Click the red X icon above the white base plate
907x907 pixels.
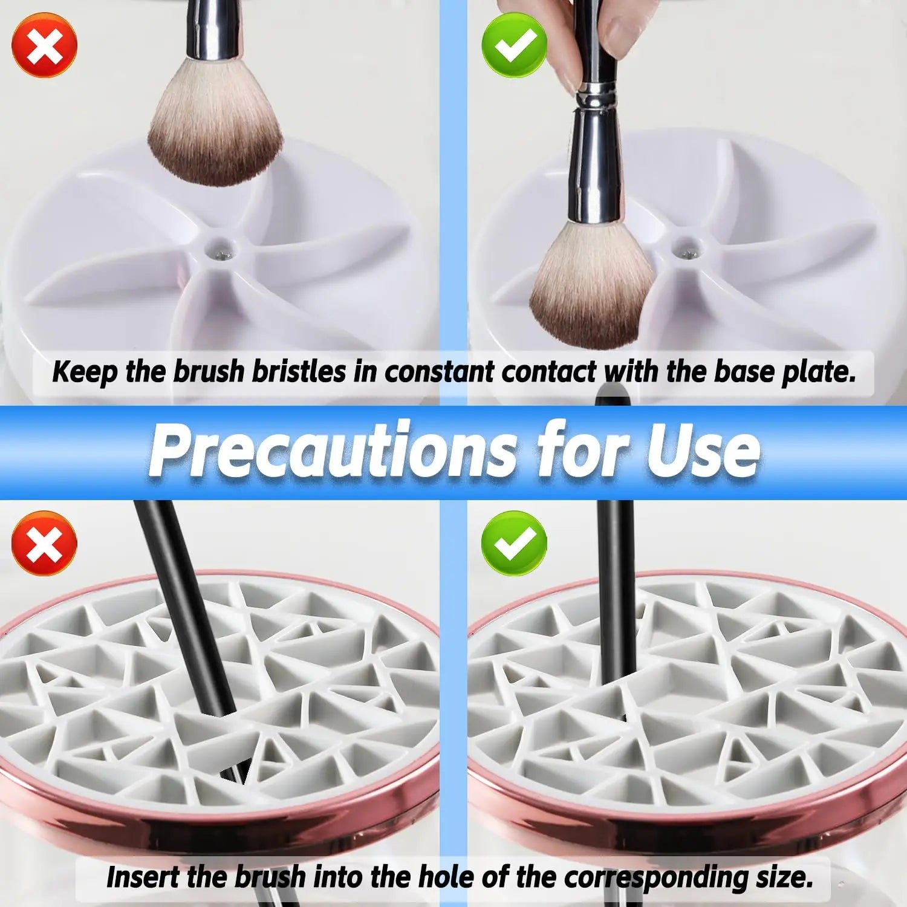[x=45, y=45]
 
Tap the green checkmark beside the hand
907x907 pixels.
[x=514, y=45]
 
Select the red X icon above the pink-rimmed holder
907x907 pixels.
[x=45, y=543]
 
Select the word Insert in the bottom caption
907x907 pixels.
[x=143, y=877]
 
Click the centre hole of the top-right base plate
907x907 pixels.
[x=684, y=245]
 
